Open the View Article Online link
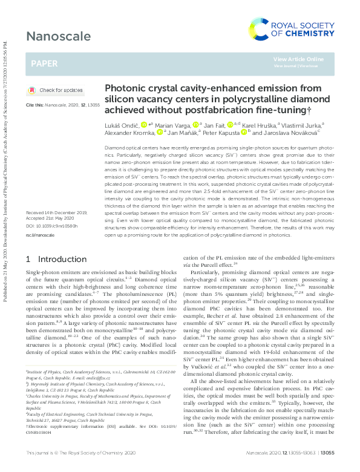[x=298, y=59]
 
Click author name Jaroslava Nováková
[x=287, y=132]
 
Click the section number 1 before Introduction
[x=28, y=259]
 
